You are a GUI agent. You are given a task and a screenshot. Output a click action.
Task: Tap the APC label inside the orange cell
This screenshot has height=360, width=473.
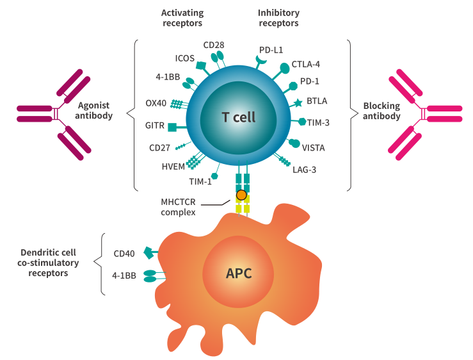coord(239,274)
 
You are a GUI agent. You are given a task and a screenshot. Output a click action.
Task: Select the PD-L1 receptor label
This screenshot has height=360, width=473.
coord(271,49)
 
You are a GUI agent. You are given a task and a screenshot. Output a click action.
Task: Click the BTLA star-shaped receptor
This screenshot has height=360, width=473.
coord(298,102)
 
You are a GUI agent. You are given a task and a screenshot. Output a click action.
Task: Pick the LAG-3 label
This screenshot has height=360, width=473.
coord(304,170)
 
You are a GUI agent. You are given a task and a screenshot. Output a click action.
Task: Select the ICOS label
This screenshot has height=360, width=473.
coord(185,58)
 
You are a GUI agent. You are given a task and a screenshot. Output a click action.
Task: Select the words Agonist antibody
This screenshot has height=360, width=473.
coord(95,111)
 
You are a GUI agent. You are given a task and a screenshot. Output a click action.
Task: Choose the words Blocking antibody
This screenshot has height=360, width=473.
coord(381,111)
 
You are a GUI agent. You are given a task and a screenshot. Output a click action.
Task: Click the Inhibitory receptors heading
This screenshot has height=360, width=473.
coord(278,17)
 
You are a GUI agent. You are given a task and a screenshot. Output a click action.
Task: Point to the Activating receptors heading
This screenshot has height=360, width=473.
coord(182,17)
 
